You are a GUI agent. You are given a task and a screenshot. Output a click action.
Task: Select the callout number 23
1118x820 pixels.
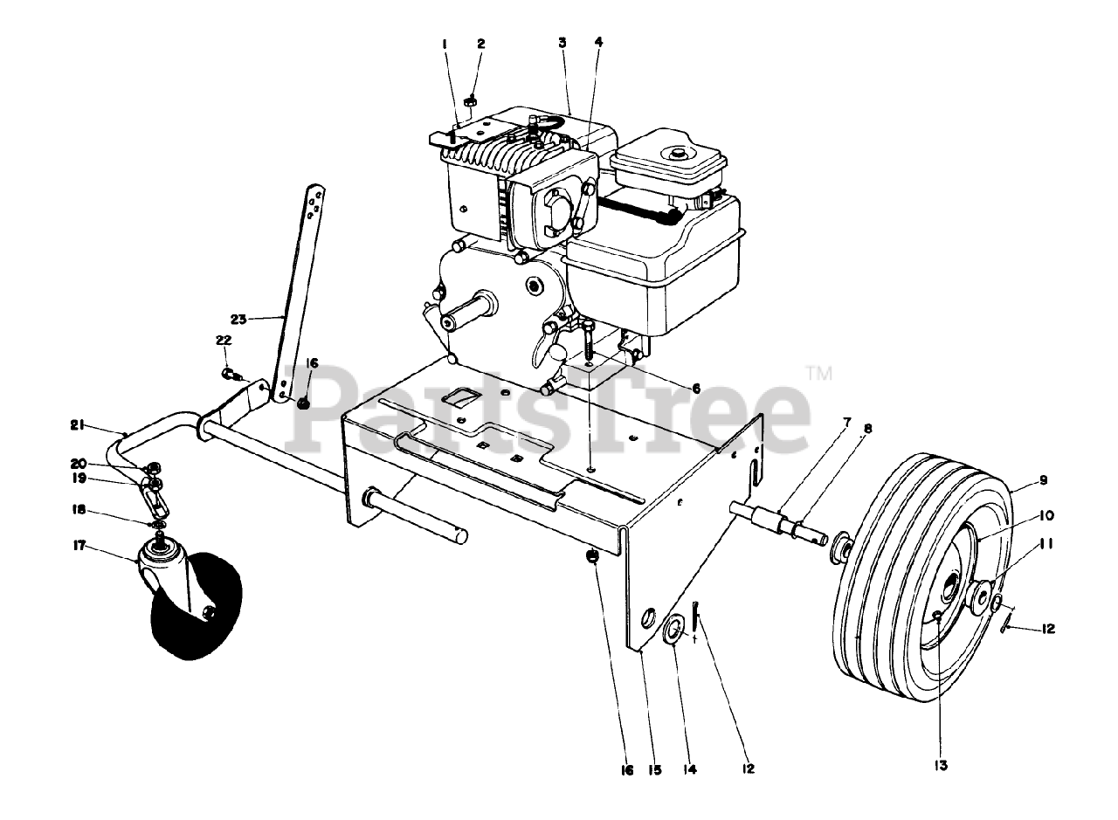pyautogui.click(x=239, y=319)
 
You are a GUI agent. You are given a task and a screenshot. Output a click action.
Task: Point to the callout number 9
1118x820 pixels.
pyautogui.click(x=1043, y=479)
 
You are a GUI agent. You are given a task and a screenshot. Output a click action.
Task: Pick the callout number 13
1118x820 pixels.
pyautogui.click(x=939, y=766)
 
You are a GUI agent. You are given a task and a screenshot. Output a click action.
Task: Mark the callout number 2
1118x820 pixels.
pyautogui.click(x=480, y=43)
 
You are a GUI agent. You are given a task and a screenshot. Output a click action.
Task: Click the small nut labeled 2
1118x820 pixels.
pyautogui.click(x=470, y=102)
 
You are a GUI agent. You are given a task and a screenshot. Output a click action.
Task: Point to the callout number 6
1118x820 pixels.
pyautogui.click(x=696, y=388)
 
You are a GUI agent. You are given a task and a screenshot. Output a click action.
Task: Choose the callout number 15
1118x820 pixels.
pyautogui.click(x=655, y=769)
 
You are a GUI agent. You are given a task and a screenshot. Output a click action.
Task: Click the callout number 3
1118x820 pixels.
pyautogui.click(x=563, y=43)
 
